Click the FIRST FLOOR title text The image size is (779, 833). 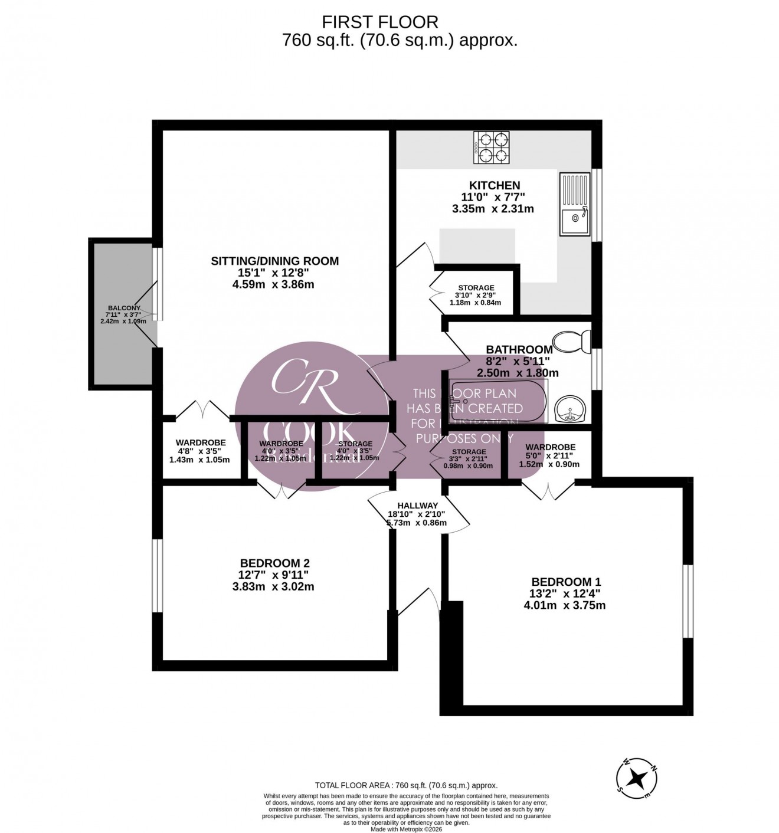[379, 22]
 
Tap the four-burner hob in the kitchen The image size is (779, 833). [491, 148]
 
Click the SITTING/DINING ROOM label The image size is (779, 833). [275, 261]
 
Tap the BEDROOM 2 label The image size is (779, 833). [274, 563]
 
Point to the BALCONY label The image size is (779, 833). [124, 308]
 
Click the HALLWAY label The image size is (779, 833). [417, 506]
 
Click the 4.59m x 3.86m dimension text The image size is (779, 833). [274, 284]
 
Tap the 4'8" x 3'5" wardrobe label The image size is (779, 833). [200, 451]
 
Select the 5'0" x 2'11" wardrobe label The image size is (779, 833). [549, 455]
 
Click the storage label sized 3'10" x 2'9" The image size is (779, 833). [475, 295]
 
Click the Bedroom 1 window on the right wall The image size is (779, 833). [688, 601]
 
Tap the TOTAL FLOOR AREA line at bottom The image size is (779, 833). [406, 785]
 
